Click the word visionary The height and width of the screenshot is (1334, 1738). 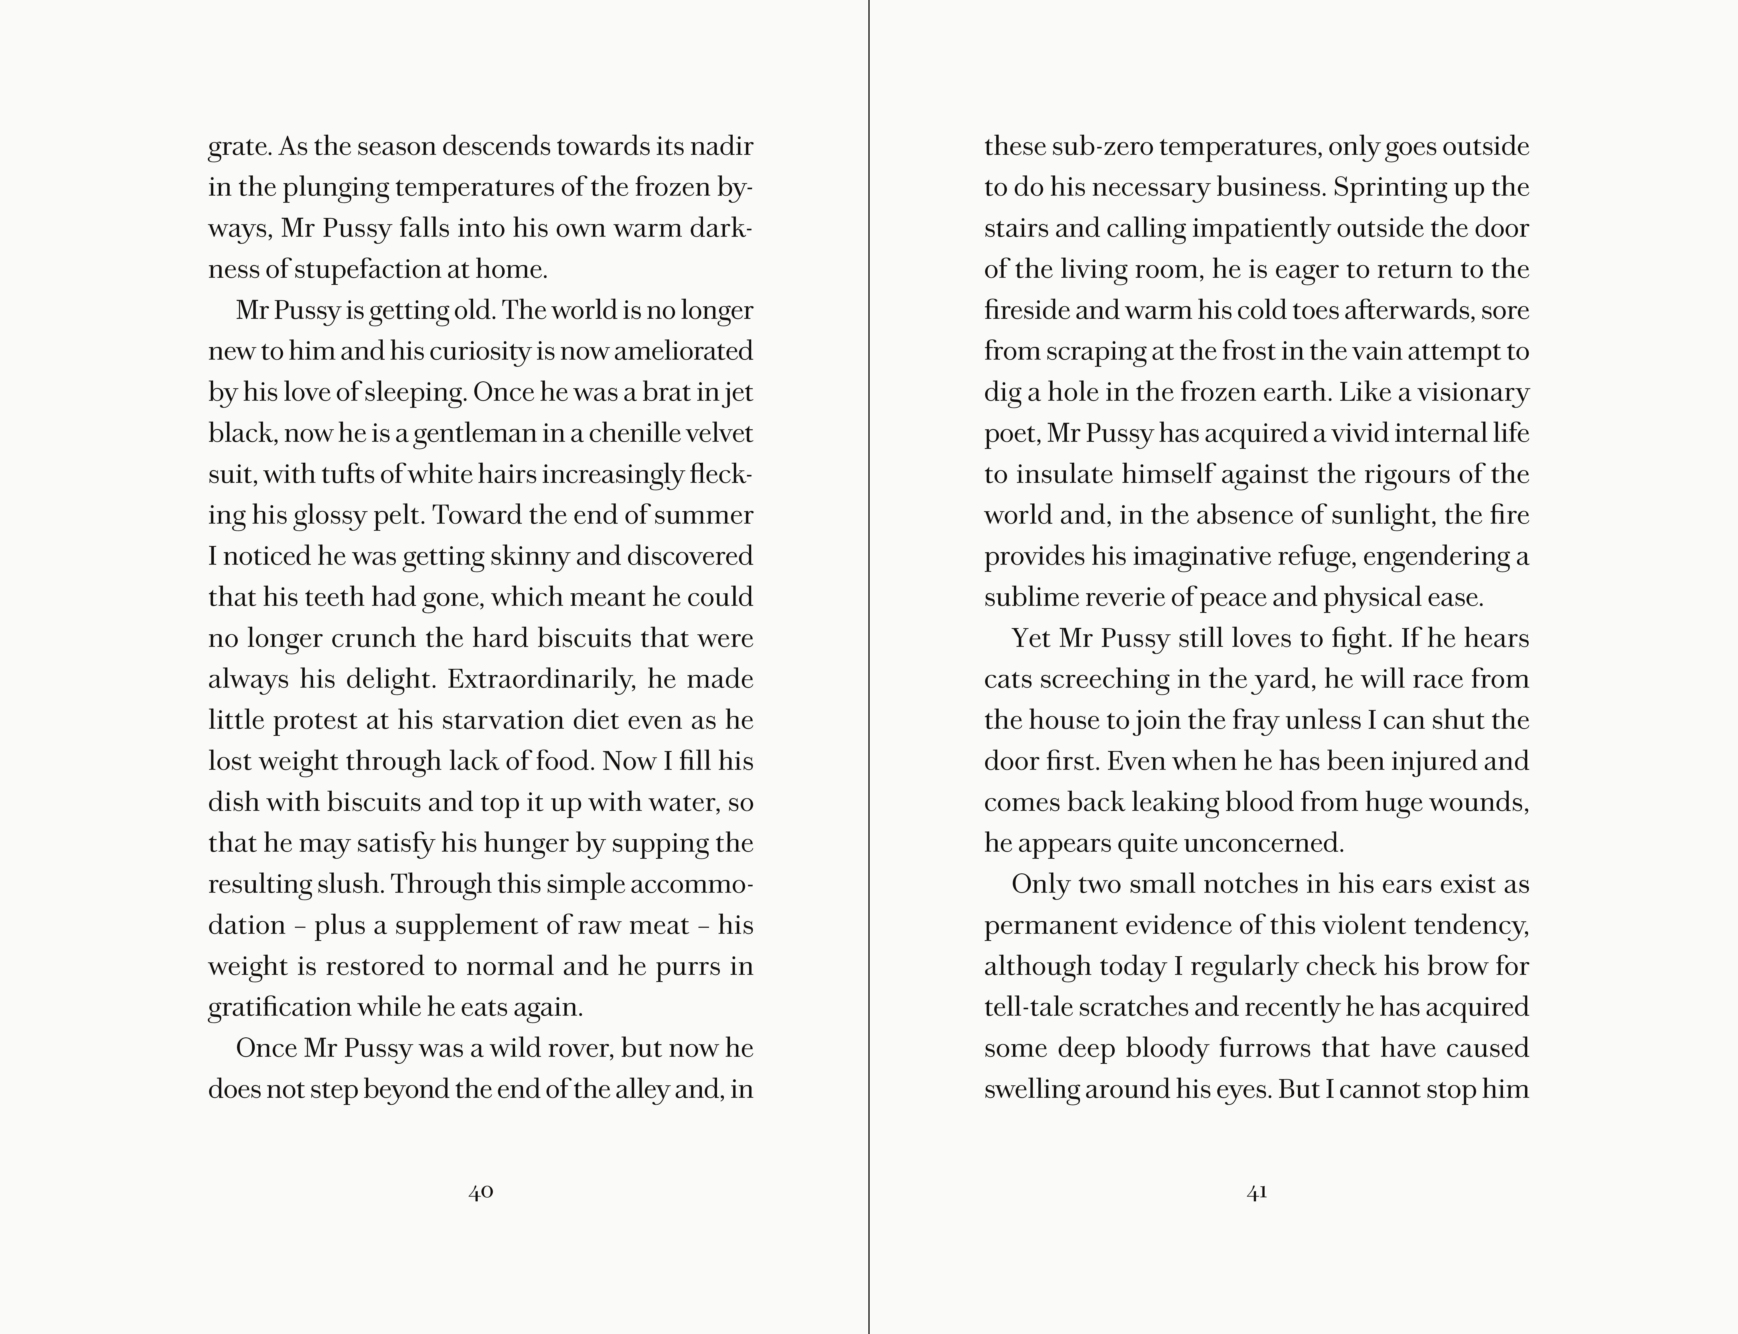[x=1473, y=392]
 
